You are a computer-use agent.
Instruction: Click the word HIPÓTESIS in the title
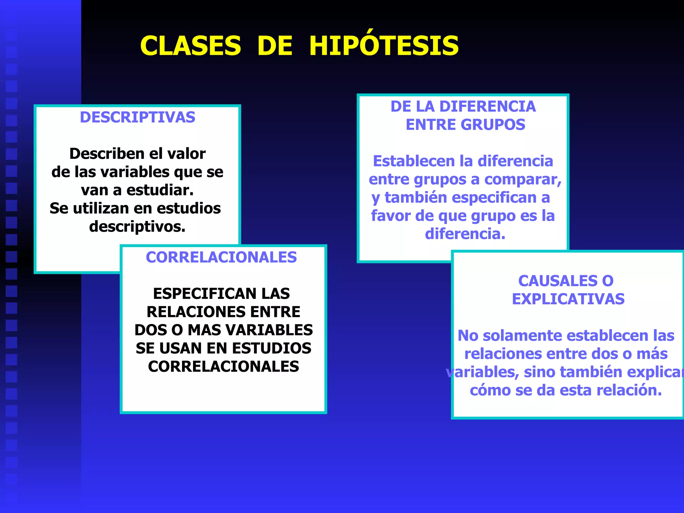click(384, 46)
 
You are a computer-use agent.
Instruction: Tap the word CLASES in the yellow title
click(190, 46)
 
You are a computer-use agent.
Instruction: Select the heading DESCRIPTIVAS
click(138, 117)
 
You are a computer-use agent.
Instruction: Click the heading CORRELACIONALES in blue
click(221, 258)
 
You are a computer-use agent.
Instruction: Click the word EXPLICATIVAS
click(568, 299)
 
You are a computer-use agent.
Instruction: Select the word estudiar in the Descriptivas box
click(160, 190)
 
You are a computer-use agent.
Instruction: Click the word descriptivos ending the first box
click(137, 227)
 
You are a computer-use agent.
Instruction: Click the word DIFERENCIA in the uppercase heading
click(488, 107)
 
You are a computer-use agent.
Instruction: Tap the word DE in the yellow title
click(275, 46)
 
